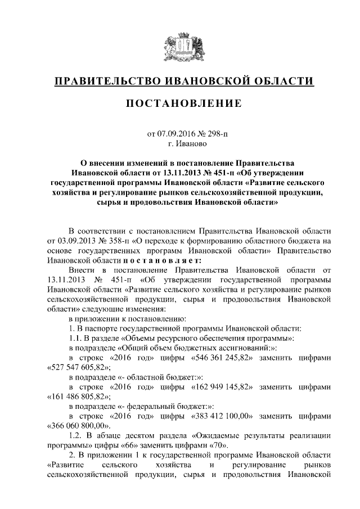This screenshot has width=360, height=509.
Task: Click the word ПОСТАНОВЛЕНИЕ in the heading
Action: click(x=180, y=103)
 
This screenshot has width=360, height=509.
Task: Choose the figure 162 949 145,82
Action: click(x=224, y=388)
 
